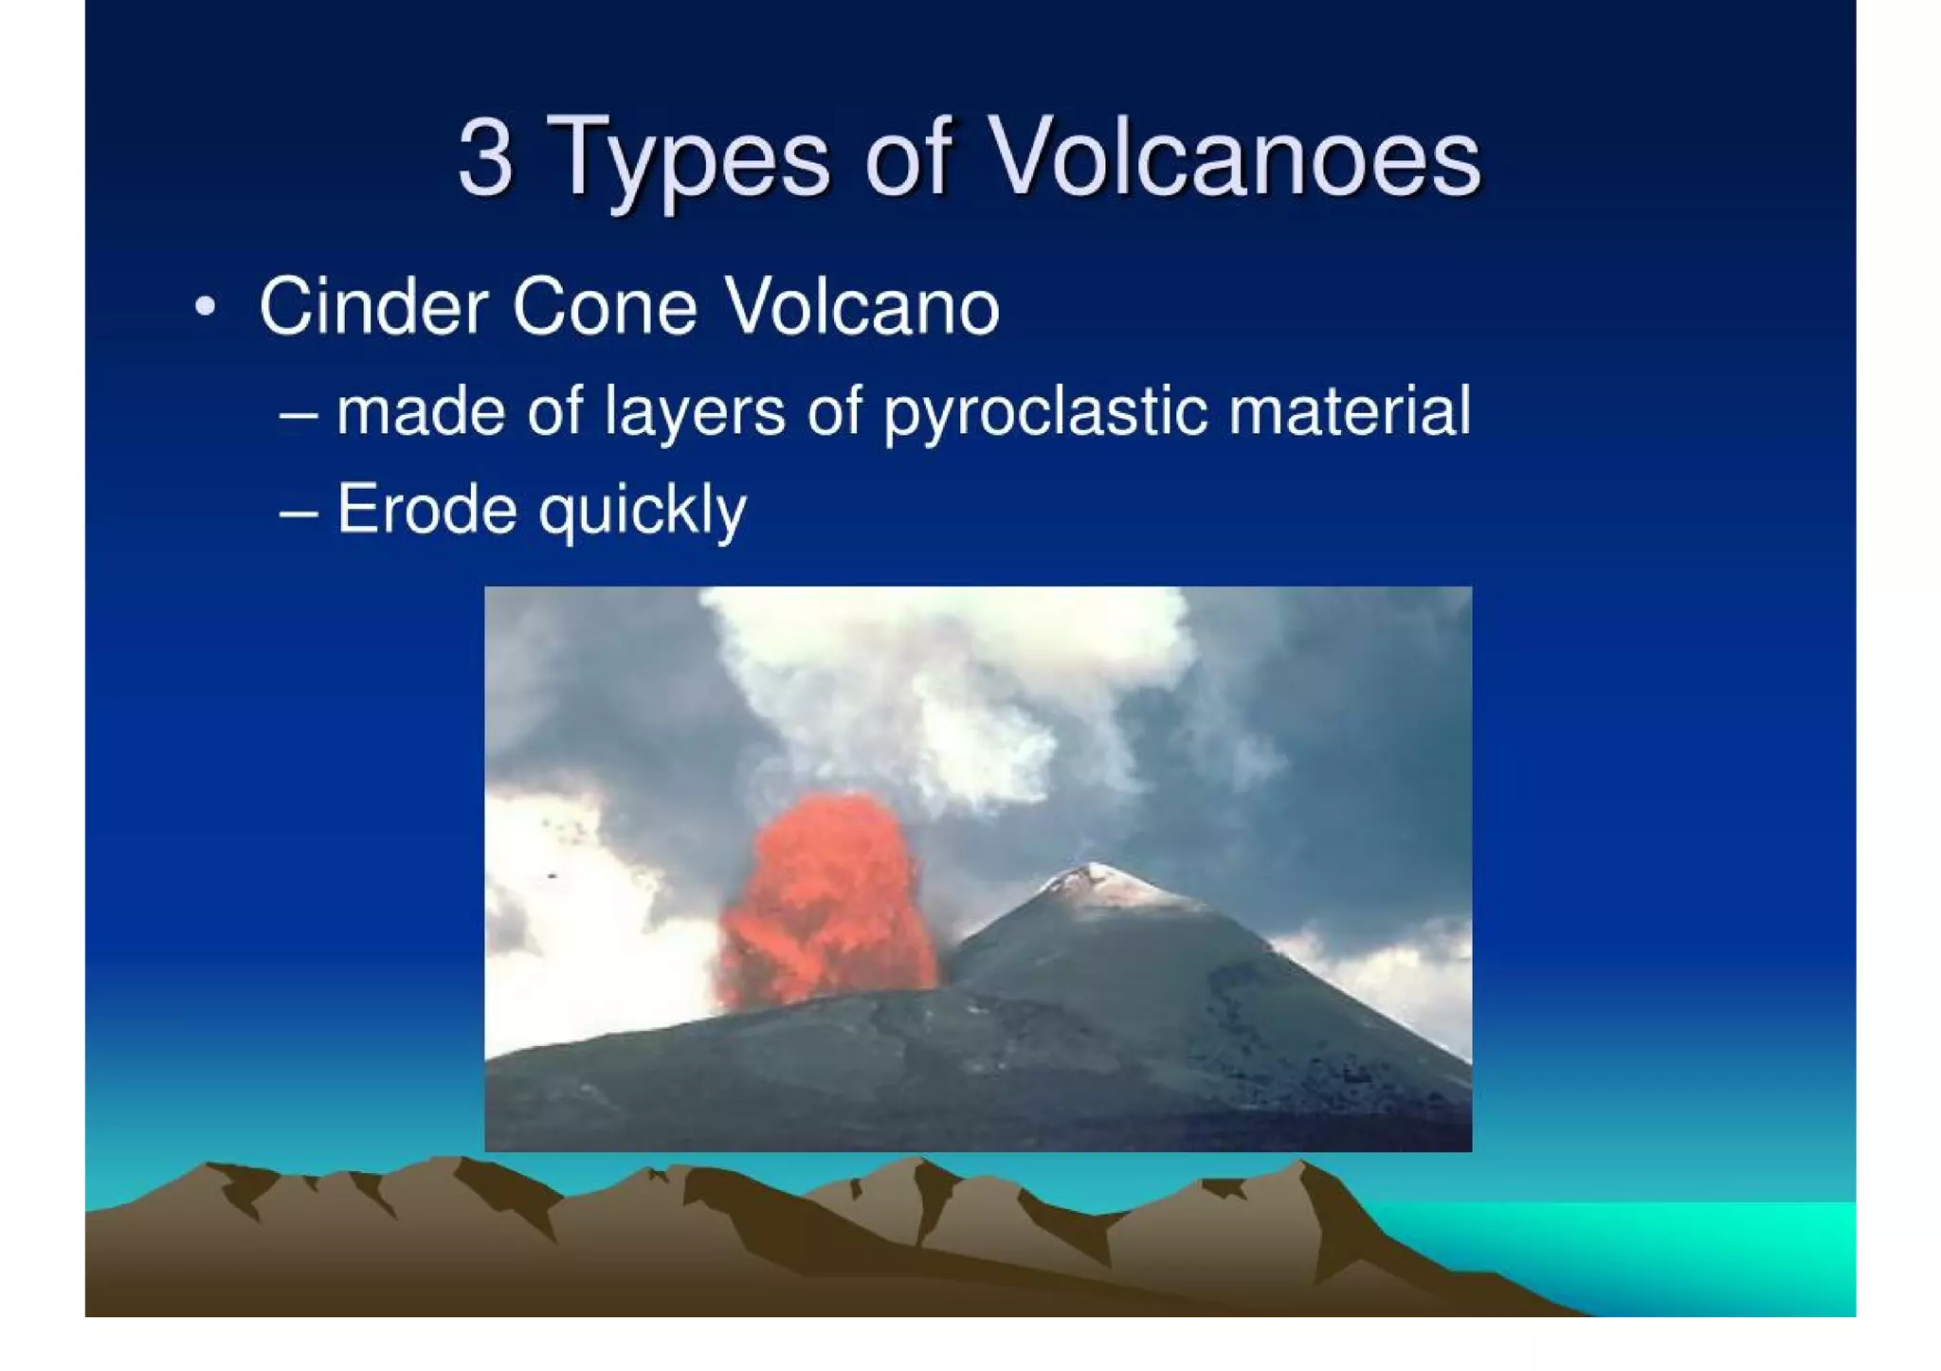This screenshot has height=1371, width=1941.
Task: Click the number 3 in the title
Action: pyautogui.click(x=485, y=157)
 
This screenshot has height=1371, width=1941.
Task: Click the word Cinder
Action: pyautogui.click(x=372, y=307)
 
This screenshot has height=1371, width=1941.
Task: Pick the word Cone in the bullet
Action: pyautogui.click(x=605, y=307)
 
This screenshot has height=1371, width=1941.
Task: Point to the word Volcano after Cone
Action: pyautogui.click(x=862, y=307)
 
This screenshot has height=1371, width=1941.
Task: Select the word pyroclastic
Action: pyautogui.click(x=1045, y=413)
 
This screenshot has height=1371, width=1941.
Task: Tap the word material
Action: pyautogui.click(x=1350, y=411)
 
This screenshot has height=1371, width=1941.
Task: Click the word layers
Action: pyautogui.click(x=695, y=413)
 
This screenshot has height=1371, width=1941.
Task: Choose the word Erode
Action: pyautogui.click(x=426, y=510)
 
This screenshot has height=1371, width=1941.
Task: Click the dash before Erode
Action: pyautogui.click(x=299, y=513)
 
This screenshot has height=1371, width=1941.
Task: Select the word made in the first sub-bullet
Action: pyautogui.click(x=420, y=413)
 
